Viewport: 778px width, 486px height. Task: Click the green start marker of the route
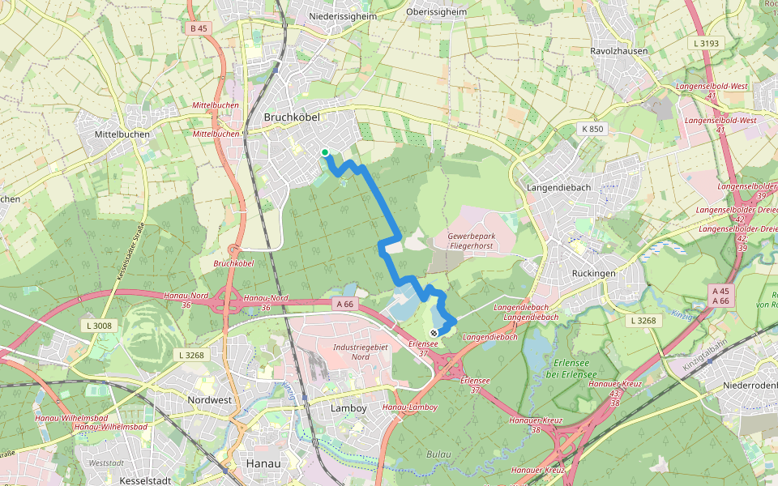tap(324, 152)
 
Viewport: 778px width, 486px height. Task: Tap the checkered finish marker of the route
tap(434, 332)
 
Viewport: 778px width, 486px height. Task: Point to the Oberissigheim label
tap(436, 12)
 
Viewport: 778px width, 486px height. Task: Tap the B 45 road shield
tap(198, 28)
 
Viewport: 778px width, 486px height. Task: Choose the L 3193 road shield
tap(706, 42)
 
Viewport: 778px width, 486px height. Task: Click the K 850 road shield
tap(592, 129)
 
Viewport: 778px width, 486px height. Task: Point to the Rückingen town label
tap(593, 273)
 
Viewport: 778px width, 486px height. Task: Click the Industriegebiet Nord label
tap(362, 352)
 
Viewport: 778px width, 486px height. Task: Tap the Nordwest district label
tap(209, 400)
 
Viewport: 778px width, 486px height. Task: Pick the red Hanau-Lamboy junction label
tap(410, 407)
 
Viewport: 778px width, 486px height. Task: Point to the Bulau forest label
tap(438, 454)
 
